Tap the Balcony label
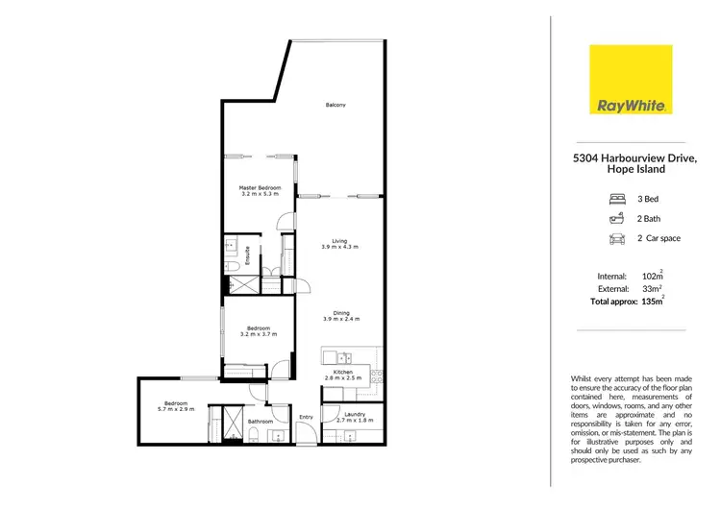pyautogui.click(x=335, y=105)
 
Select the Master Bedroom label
pyautogui.click(x=261, y=187)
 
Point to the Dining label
pyautogui.click(x=341, y=312)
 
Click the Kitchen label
pyautogui.click(x=343, y=372)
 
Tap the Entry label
pyautogui.click(x=306, y=417)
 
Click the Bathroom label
pyautogui.click(x=261, y=422)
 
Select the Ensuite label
pyautogui.click(x=248, y=255)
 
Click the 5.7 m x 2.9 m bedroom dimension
pyautogui.click(x=175, y=409)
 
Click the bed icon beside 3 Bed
pyautogui.click(x=616, y=200)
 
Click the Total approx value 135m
pyautogui.click(x=654, y=302)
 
